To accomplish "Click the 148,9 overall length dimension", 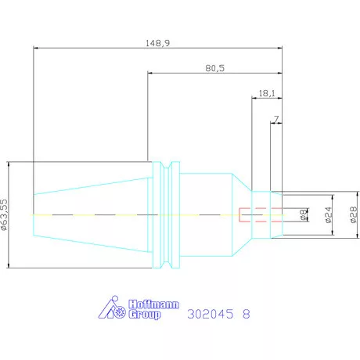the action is (x=157, y=43).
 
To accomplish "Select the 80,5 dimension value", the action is (x=214, y=68).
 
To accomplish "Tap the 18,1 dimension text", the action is (x=267, y=93).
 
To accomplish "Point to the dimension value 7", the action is (x=276, y=119).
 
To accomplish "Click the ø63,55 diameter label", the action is (x=4, y=214).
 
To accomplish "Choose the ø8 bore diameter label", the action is (x=303, y=214).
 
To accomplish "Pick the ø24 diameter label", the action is (x=329, y=215).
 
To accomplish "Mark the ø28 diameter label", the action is (x=353, y=214).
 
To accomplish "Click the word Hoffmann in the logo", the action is (x=153, y=304).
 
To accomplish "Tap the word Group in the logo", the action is (x=144, y=315).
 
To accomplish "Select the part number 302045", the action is (x=211, y=314).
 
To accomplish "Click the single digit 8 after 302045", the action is (x=247, y=314).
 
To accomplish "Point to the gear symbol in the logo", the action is (x=120, y=312).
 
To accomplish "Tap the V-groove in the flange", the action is (x=166, y=214).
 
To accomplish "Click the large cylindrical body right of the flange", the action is (x=206, y=214).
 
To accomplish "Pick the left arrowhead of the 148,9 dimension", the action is (x=36, y=49).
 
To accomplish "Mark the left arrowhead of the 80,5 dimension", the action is (x=149, y=74).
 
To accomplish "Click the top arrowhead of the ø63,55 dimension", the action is (x=9, y=164).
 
